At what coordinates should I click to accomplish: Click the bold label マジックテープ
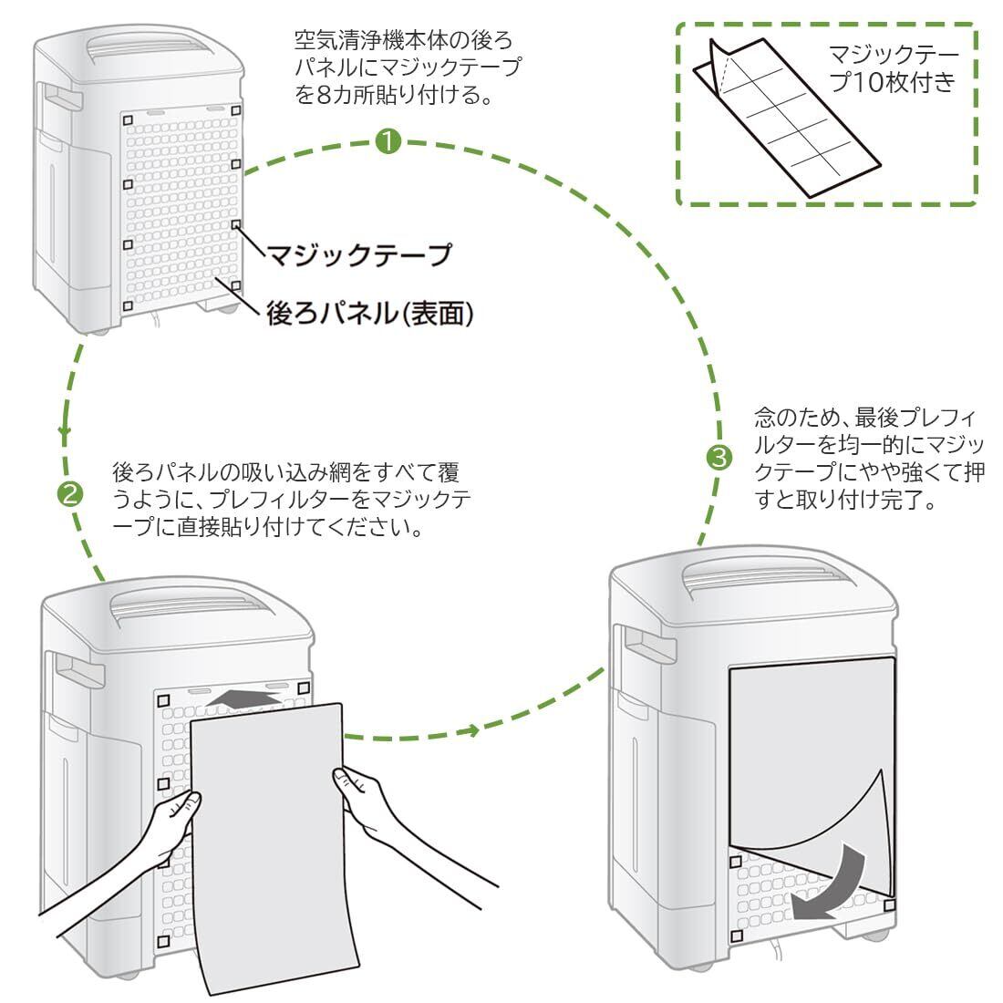point(358,255)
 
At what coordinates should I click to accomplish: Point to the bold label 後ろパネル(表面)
point(370,314)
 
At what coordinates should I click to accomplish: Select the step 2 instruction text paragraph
point(292,500)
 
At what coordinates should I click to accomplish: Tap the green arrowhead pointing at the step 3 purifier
point(470,730)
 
